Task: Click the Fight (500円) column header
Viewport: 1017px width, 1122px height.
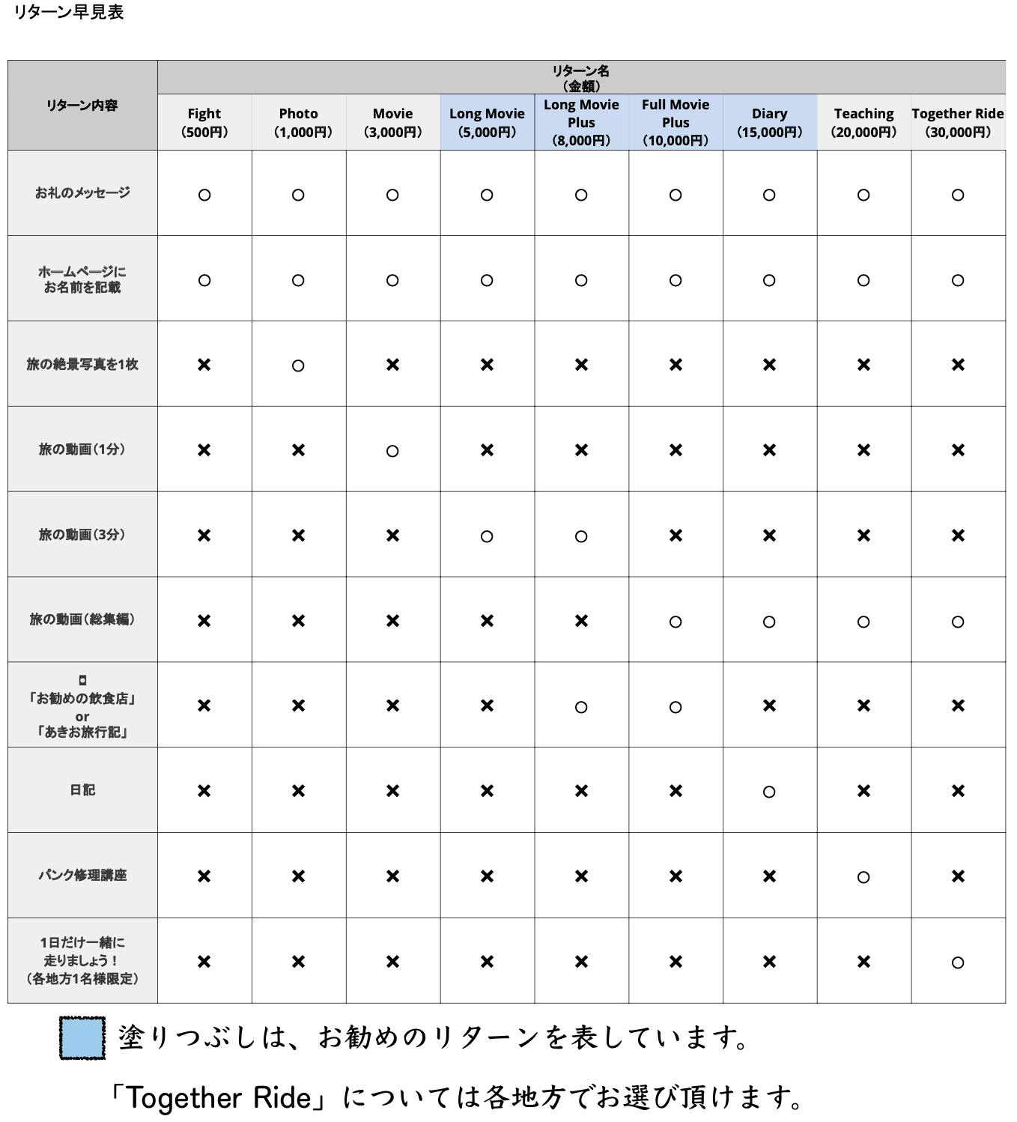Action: (204, 122)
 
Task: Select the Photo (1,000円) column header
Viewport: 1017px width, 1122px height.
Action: (298, 122)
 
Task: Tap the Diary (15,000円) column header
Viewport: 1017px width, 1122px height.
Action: (769, 122)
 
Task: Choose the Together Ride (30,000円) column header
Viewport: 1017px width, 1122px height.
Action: (958, 122)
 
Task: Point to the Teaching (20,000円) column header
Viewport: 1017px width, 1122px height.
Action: (863, 122)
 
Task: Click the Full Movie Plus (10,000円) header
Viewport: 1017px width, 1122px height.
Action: (675, 122)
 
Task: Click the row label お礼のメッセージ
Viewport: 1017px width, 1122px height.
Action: (82, 192)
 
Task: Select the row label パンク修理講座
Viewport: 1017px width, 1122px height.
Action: (82, 875)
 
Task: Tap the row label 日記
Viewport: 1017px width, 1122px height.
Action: (82, 789)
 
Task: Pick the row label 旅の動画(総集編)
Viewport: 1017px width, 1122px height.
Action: (82, 619)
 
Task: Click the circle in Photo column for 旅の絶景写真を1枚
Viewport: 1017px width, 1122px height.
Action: (298, 366)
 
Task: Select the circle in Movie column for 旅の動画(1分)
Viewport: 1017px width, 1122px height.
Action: (392, 451)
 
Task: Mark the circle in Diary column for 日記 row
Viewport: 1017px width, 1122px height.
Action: (769, 792)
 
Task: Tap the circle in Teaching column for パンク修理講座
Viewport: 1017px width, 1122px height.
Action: (863, 877)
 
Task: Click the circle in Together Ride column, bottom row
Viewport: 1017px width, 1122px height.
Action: (958, 962)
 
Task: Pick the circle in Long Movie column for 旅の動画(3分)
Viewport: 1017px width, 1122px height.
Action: (487, 536)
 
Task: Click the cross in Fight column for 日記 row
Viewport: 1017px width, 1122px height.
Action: (204, 791)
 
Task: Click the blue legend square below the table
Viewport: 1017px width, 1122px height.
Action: (82, 1037)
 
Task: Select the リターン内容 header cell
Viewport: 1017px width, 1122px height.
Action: (82, 105)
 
